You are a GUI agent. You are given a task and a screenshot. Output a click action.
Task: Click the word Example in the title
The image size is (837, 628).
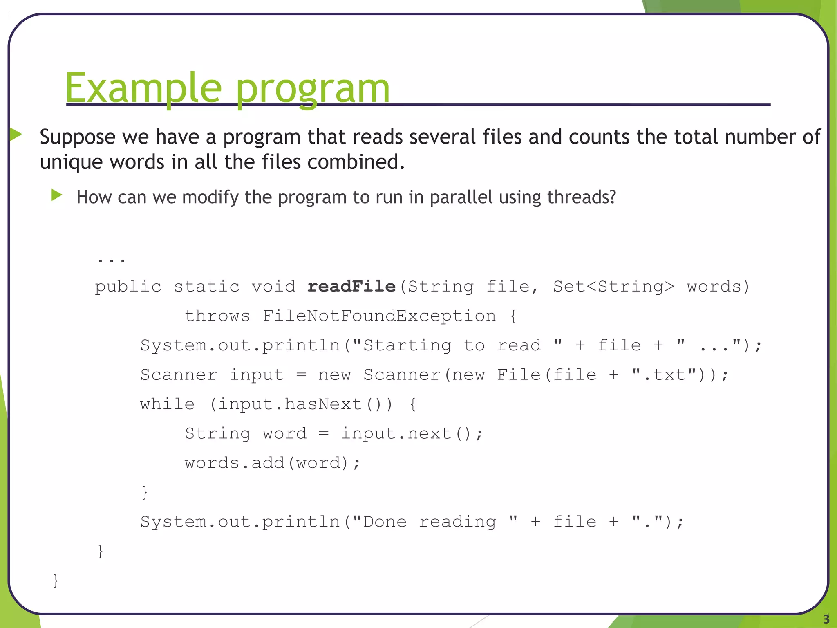click(143, 88)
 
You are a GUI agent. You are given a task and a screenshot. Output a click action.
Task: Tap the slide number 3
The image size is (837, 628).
click(826, 619)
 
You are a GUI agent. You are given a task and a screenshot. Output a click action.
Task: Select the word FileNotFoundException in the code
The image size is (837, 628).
click(379, 316)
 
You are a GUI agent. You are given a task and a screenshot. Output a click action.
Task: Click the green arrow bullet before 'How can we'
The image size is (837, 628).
click(57, 195)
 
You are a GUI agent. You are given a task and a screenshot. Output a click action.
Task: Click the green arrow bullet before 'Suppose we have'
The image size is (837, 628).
click(16, 134)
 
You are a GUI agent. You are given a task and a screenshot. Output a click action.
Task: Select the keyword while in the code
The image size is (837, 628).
click(167, 404)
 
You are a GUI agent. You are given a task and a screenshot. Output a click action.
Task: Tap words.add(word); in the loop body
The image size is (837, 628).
click(272, 463)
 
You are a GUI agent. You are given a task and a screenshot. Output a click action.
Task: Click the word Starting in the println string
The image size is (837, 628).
click(407, 345)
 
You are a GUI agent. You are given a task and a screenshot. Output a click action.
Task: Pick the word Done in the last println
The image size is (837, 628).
click(385, 522)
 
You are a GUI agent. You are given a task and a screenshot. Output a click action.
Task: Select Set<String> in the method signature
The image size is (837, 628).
click(613, 286)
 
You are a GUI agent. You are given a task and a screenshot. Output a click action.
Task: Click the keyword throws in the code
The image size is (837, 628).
click(217, 316)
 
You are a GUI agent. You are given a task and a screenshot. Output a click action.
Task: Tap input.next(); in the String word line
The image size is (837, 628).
click(412, 434)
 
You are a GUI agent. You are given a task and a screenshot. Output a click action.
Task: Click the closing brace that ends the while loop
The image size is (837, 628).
click(145, 492)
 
